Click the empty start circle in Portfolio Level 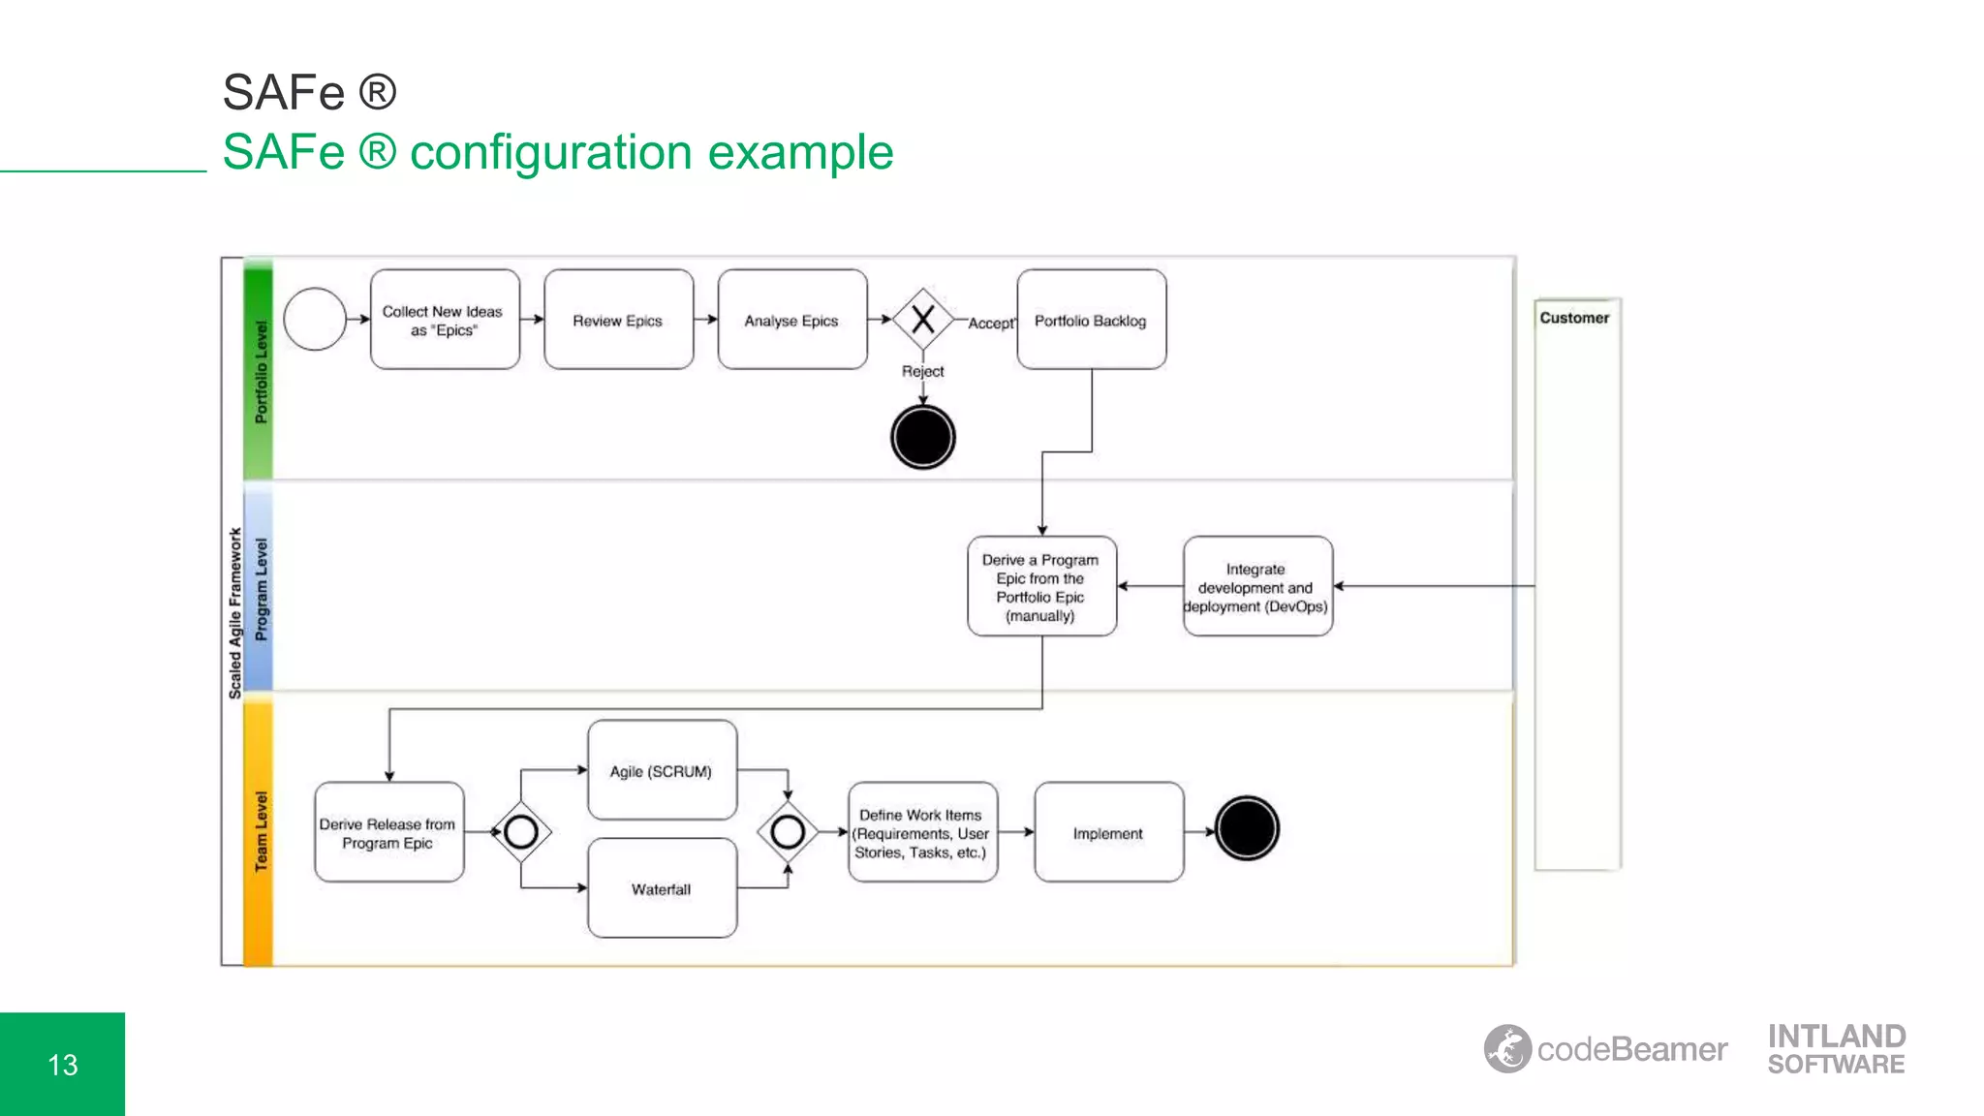click(315, 319)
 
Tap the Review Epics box click(618, 320)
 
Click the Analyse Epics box click(791, 320)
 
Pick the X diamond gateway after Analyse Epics click(922, 319)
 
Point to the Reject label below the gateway click(922, 371)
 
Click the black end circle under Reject click(922, 438)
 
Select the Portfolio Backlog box click(1091, 320)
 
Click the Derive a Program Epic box click(1041, 586)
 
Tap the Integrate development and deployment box click(1256, 586)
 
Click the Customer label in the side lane click(1574, 318)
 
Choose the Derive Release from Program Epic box click(388, 832)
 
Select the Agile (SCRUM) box click(662, 770)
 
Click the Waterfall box click(662, 888)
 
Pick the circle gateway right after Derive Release click(521, 831)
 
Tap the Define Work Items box click(922, 832)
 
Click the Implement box click(1108, 832)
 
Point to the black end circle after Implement click(1247, 828)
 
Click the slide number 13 click(63, 1065)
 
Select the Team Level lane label click(261, 831)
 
